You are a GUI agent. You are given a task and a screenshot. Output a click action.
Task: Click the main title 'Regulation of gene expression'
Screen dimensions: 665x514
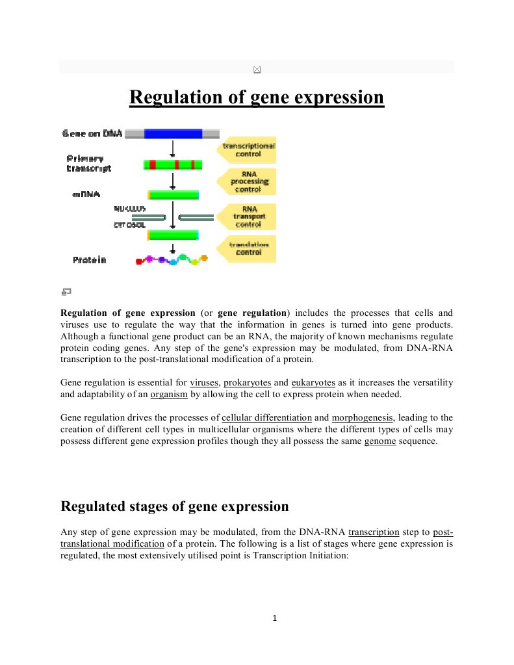pyautogui.click(x=257, y=98)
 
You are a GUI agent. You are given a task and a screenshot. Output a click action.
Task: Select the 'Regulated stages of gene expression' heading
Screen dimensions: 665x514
pyautogui.click(x=174, y=506)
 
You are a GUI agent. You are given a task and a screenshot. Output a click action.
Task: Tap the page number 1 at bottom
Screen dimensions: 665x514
pyautogui.click(x=275, y=618)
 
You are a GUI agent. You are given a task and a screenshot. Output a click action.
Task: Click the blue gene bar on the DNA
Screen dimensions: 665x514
pyautogui.click(x=173, y=134)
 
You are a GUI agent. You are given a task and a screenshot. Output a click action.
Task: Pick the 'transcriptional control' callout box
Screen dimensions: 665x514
pyautogui.click(x=248, y=150)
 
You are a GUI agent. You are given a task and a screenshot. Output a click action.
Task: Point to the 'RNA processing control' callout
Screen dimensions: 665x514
pyautogui.click(x=248, y=181)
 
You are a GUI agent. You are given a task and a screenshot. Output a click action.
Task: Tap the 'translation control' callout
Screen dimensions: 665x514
pyautogui.click(x=248, y=248)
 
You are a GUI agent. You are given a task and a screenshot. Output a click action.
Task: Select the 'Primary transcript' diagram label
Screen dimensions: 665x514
pyautogui.click(x=88, y=163)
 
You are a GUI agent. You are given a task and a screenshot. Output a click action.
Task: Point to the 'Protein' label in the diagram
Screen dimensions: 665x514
pyautogui.click(x=90, y=260)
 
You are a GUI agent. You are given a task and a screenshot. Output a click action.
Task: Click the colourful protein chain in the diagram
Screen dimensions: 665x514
pyautogui.click(x=172, y=260)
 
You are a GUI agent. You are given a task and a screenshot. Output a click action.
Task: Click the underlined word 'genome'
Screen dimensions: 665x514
pyautogui.click(x=379, y=442)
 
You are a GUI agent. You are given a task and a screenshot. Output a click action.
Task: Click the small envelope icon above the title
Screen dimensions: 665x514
pyautogui.click(x=257, y=69)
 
